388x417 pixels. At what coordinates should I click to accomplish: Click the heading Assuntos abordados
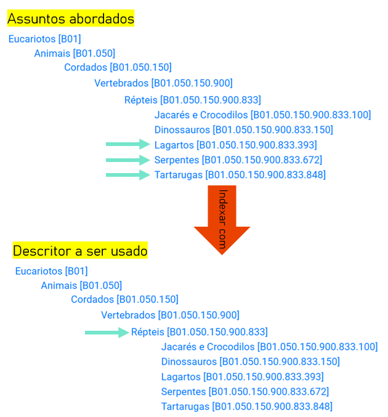pyautogui.click(x=71, y=18)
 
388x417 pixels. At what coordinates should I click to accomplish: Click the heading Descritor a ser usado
pyautogui.click(x=80, y=251)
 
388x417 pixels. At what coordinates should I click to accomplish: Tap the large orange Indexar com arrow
pyautogui.click(x=222, y=220)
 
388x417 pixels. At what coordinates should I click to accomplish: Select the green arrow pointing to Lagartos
pyautogui.click(x=128, y=144)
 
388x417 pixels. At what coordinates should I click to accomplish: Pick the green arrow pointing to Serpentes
pyautogui.click(x=128, y=160)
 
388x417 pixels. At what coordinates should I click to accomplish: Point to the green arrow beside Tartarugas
pyautogui.click(x=128, y=175)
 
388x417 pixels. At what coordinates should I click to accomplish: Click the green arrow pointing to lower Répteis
pyautogui.click(x=107, y=333)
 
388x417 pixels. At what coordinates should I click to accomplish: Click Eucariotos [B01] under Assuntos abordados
pyautogui.click(x=45, y=39)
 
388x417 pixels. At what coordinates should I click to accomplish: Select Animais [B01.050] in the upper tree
pyautogui.click(x=75, y=53)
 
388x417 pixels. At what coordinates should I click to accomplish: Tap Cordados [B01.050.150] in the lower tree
pyautogui.click(x=125, y=299)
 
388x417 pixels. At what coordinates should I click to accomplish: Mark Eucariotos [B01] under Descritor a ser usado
pyautogui.click(x=52, y=271)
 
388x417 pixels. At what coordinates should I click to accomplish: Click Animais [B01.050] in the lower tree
pyautogui.click(x=81, y=285)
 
